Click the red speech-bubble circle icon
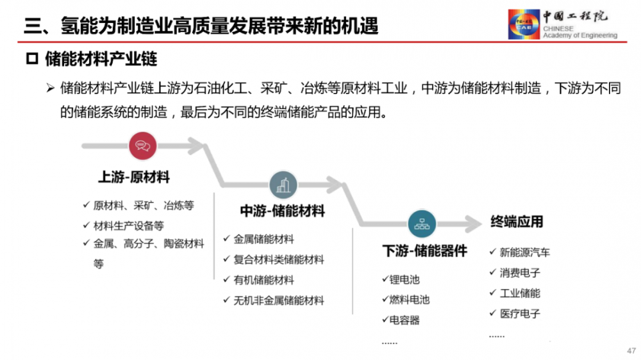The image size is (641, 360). [x=143, y=146]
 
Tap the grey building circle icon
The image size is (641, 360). [x=283, y=185]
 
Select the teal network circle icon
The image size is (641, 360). [x=422, y=224]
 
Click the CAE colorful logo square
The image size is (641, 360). [x=524, y=24]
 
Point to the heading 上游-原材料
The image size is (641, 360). [x=134, y=177]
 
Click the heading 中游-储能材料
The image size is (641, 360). [x=283, y=211]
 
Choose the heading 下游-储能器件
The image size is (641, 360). [x=425, y=251]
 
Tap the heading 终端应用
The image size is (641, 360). [x=517, y=222]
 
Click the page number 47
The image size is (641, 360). [x=631, y=350]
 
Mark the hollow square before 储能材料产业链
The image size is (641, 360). [x=32, y=59]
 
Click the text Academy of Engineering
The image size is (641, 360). [x=580, y=35]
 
